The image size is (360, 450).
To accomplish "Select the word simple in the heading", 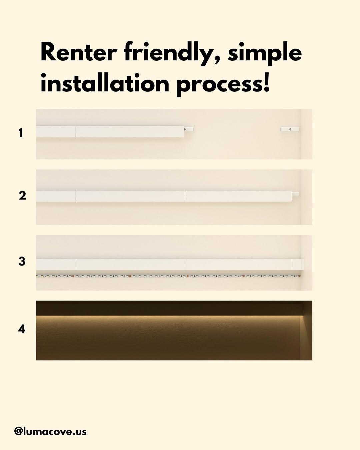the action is point(265,54).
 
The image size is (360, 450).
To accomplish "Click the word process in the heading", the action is point(219,85).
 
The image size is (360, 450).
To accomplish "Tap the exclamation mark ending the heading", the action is point(266,82).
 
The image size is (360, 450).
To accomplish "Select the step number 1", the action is point(20,133).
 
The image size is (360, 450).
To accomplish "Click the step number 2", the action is point(22,195).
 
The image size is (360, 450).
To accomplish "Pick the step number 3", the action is point(22,262).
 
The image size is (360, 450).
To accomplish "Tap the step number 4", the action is point(22,329).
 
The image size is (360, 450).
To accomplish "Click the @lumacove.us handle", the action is point(50,431).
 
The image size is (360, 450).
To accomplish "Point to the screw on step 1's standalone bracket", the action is point(290,129).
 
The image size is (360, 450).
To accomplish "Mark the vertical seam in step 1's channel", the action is point(76,131).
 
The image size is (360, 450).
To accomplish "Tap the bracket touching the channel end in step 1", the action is point(189,129).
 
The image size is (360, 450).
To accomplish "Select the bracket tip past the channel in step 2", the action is point(295,194).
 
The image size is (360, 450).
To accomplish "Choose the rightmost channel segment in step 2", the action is point(238,196).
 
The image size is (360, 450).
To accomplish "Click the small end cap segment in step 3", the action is point(298,264).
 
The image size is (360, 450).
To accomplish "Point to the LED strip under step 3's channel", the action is point(168,276).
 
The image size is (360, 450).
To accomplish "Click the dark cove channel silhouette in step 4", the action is point(169,308).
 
